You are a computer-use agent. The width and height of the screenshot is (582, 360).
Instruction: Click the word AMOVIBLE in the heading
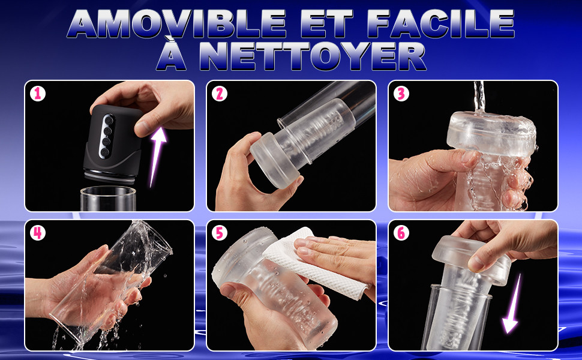point(177,23)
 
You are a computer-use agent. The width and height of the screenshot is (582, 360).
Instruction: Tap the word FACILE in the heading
point(440,23)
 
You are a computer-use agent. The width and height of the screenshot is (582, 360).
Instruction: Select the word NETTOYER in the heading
point(313,56)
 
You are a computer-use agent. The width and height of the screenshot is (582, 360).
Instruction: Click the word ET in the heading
point(326,23)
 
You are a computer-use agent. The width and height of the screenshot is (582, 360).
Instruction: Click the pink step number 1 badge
point(37,94)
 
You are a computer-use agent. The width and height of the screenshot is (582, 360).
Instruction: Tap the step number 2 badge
point(220,94)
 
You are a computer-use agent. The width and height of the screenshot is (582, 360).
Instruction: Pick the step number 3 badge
point(401,94)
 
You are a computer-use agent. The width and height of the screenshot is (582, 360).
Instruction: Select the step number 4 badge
point(37,233)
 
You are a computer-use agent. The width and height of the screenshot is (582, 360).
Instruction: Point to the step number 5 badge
point(220,233)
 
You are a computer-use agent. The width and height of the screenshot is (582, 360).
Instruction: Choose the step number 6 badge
point(401,233)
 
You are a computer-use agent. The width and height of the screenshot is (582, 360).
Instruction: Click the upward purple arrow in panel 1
point(157,156)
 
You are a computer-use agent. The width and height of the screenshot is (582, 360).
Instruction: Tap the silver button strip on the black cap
point(107,136)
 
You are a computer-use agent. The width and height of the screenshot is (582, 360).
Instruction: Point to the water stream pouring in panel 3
point(479,97)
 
